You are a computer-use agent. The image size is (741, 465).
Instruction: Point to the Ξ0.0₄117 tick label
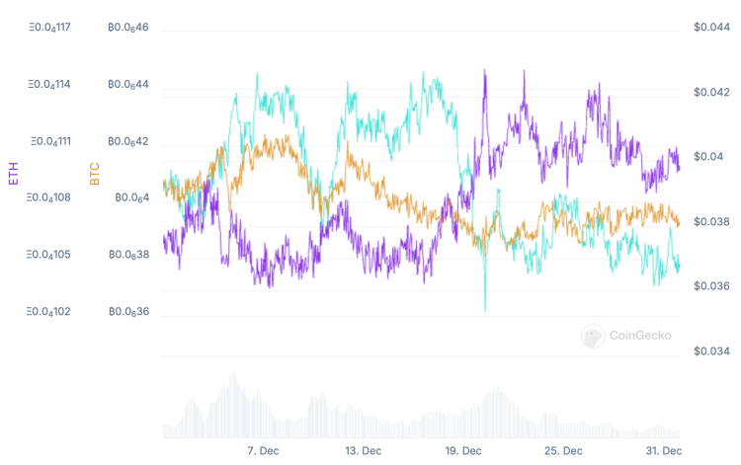[49, 27]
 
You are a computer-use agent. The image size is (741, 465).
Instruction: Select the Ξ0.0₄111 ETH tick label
[49, 141]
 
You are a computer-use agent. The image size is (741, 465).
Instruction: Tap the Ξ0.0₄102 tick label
[49, 312]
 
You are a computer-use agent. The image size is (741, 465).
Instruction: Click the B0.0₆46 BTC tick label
[128, 27]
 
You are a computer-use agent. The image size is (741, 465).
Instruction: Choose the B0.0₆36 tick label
[128, 312]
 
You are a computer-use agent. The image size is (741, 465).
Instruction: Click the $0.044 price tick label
[711, 27]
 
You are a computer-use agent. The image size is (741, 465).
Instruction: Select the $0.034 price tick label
[711, 351]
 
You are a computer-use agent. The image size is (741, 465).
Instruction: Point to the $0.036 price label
[711, 286]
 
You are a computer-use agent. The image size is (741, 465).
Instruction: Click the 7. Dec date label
[265, 450]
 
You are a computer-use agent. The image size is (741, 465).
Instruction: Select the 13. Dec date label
[364, 450]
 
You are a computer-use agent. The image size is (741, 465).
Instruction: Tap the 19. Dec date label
[463, 450]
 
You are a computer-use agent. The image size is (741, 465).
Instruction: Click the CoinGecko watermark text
[640, 336]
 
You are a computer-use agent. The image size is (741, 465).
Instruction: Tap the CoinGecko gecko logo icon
[593, 336]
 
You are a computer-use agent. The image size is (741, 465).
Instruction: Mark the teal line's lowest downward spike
[485, 310]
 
